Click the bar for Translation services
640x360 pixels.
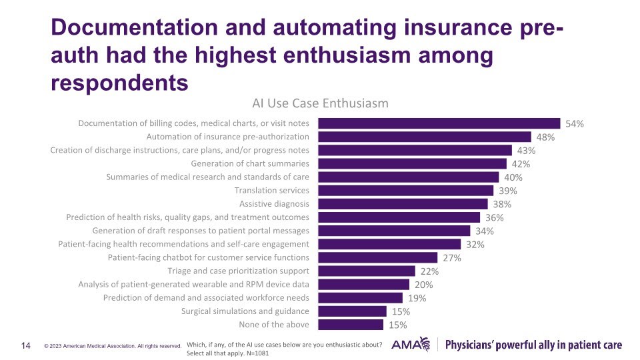(405, 191)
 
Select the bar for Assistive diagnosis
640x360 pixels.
(403, 204)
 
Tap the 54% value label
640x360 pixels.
(575, 124)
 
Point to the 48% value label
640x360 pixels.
(545, 137)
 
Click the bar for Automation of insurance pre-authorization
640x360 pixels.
(424, 137)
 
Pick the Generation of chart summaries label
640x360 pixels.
(250, 163)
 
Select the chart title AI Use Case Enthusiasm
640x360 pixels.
(320, 103)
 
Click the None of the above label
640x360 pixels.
(274, 325)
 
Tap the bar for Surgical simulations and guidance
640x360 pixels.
(352, 311)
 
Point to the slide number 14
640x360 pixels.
(27, 345)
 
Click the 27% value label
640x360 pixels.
(453, 258)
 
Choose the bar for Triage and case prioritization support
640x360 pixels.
(366, 271)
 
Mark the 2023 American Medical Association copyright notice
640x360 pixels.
(113, 346)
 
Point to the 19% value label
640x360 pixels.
(417, 298)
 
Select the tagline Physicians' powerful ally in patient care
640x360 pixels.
(533, 345)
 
